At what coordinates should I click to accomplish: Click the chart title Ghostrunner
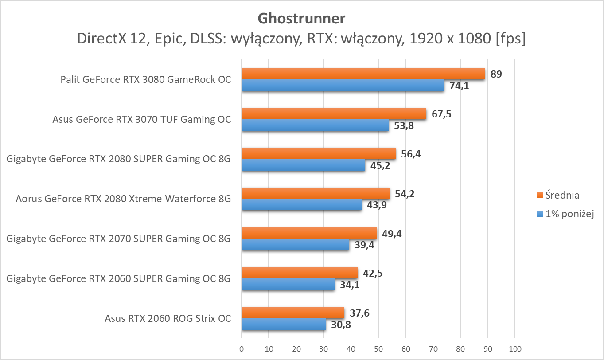(301, 19)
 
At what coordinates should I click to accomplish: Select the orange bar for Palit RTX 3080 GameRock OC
(363, 74)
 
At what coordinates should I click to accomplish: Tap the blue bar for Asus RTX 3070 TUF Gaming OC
(315, 125)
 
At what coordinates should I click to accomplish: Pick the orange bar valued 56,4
(319, 154)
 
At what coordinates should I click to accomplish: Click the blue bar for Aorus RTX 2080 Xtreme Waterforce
(301, 205)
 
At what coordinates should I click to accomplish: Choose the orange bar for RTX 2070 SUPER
(309, 234)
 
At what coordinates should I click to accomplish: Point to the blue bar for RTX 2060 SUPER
(288, 284)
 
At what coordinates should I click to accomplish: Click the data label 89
(496, 74)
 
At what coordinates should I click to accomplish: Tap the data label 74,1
(459, 86)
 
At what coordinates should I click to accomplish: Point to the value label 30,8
(340, 325)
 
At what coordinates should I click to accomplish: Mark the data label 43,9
(376, 205)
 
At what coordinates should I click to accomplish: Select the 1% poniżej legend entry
(565, 214)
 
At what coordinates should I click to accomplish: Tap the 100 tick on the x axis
(515, 349)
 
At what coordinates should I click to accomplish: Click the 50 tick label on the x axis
(378, 349)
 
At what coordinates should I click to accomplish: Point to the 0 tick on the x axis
(242, 349)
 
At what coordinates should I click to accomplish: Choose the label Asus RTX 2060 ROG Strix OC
(168, 318)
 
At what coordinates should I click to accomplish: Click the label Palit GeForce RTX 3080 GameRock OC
(146, 80)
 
